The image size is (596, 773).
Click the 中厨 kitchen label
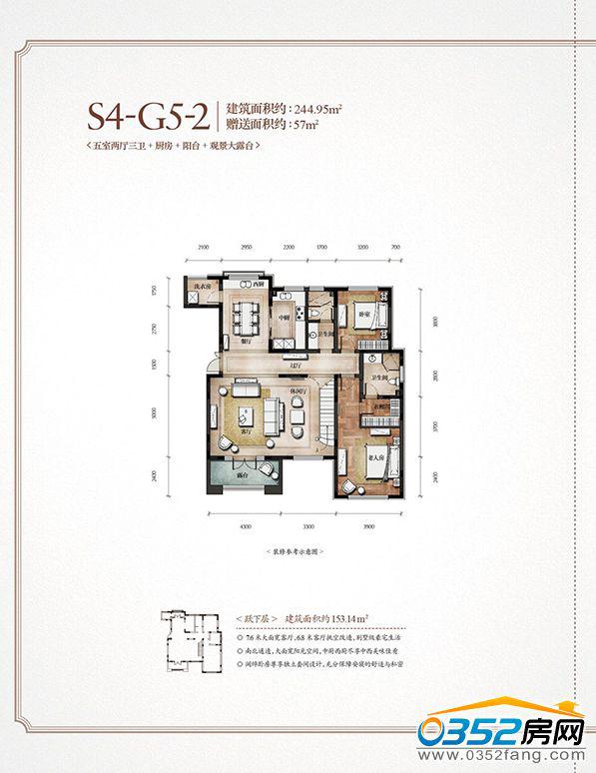285,318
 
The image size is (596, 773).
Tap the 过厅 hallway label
293,358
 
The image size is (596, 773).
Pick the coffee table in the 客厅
246,414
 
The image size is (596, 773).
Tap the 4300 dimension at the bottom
245,523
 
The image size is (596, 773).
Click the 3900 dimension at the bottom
369,523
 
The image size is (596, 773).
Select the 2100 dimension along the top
203,246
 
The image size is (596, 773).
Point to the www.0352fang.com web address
509,756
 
